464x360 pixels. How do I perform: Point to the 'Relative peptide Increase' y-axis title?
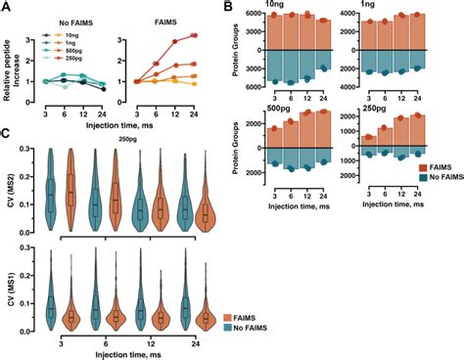(12, 70)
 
